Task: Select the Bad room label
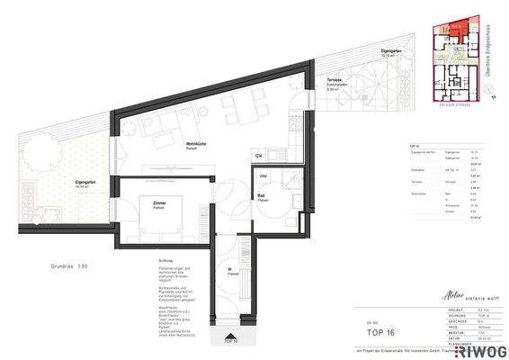[261, 195]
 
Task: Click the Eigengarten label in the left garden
[86, 183]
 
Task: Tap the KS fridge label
[258, 157]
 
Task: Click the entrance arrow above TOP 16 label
[230, 336]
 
